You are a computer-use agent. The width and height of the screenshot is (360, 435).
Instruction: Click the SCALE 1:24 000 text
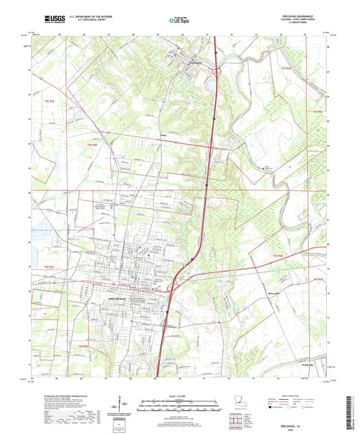(x=179, y=396)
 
